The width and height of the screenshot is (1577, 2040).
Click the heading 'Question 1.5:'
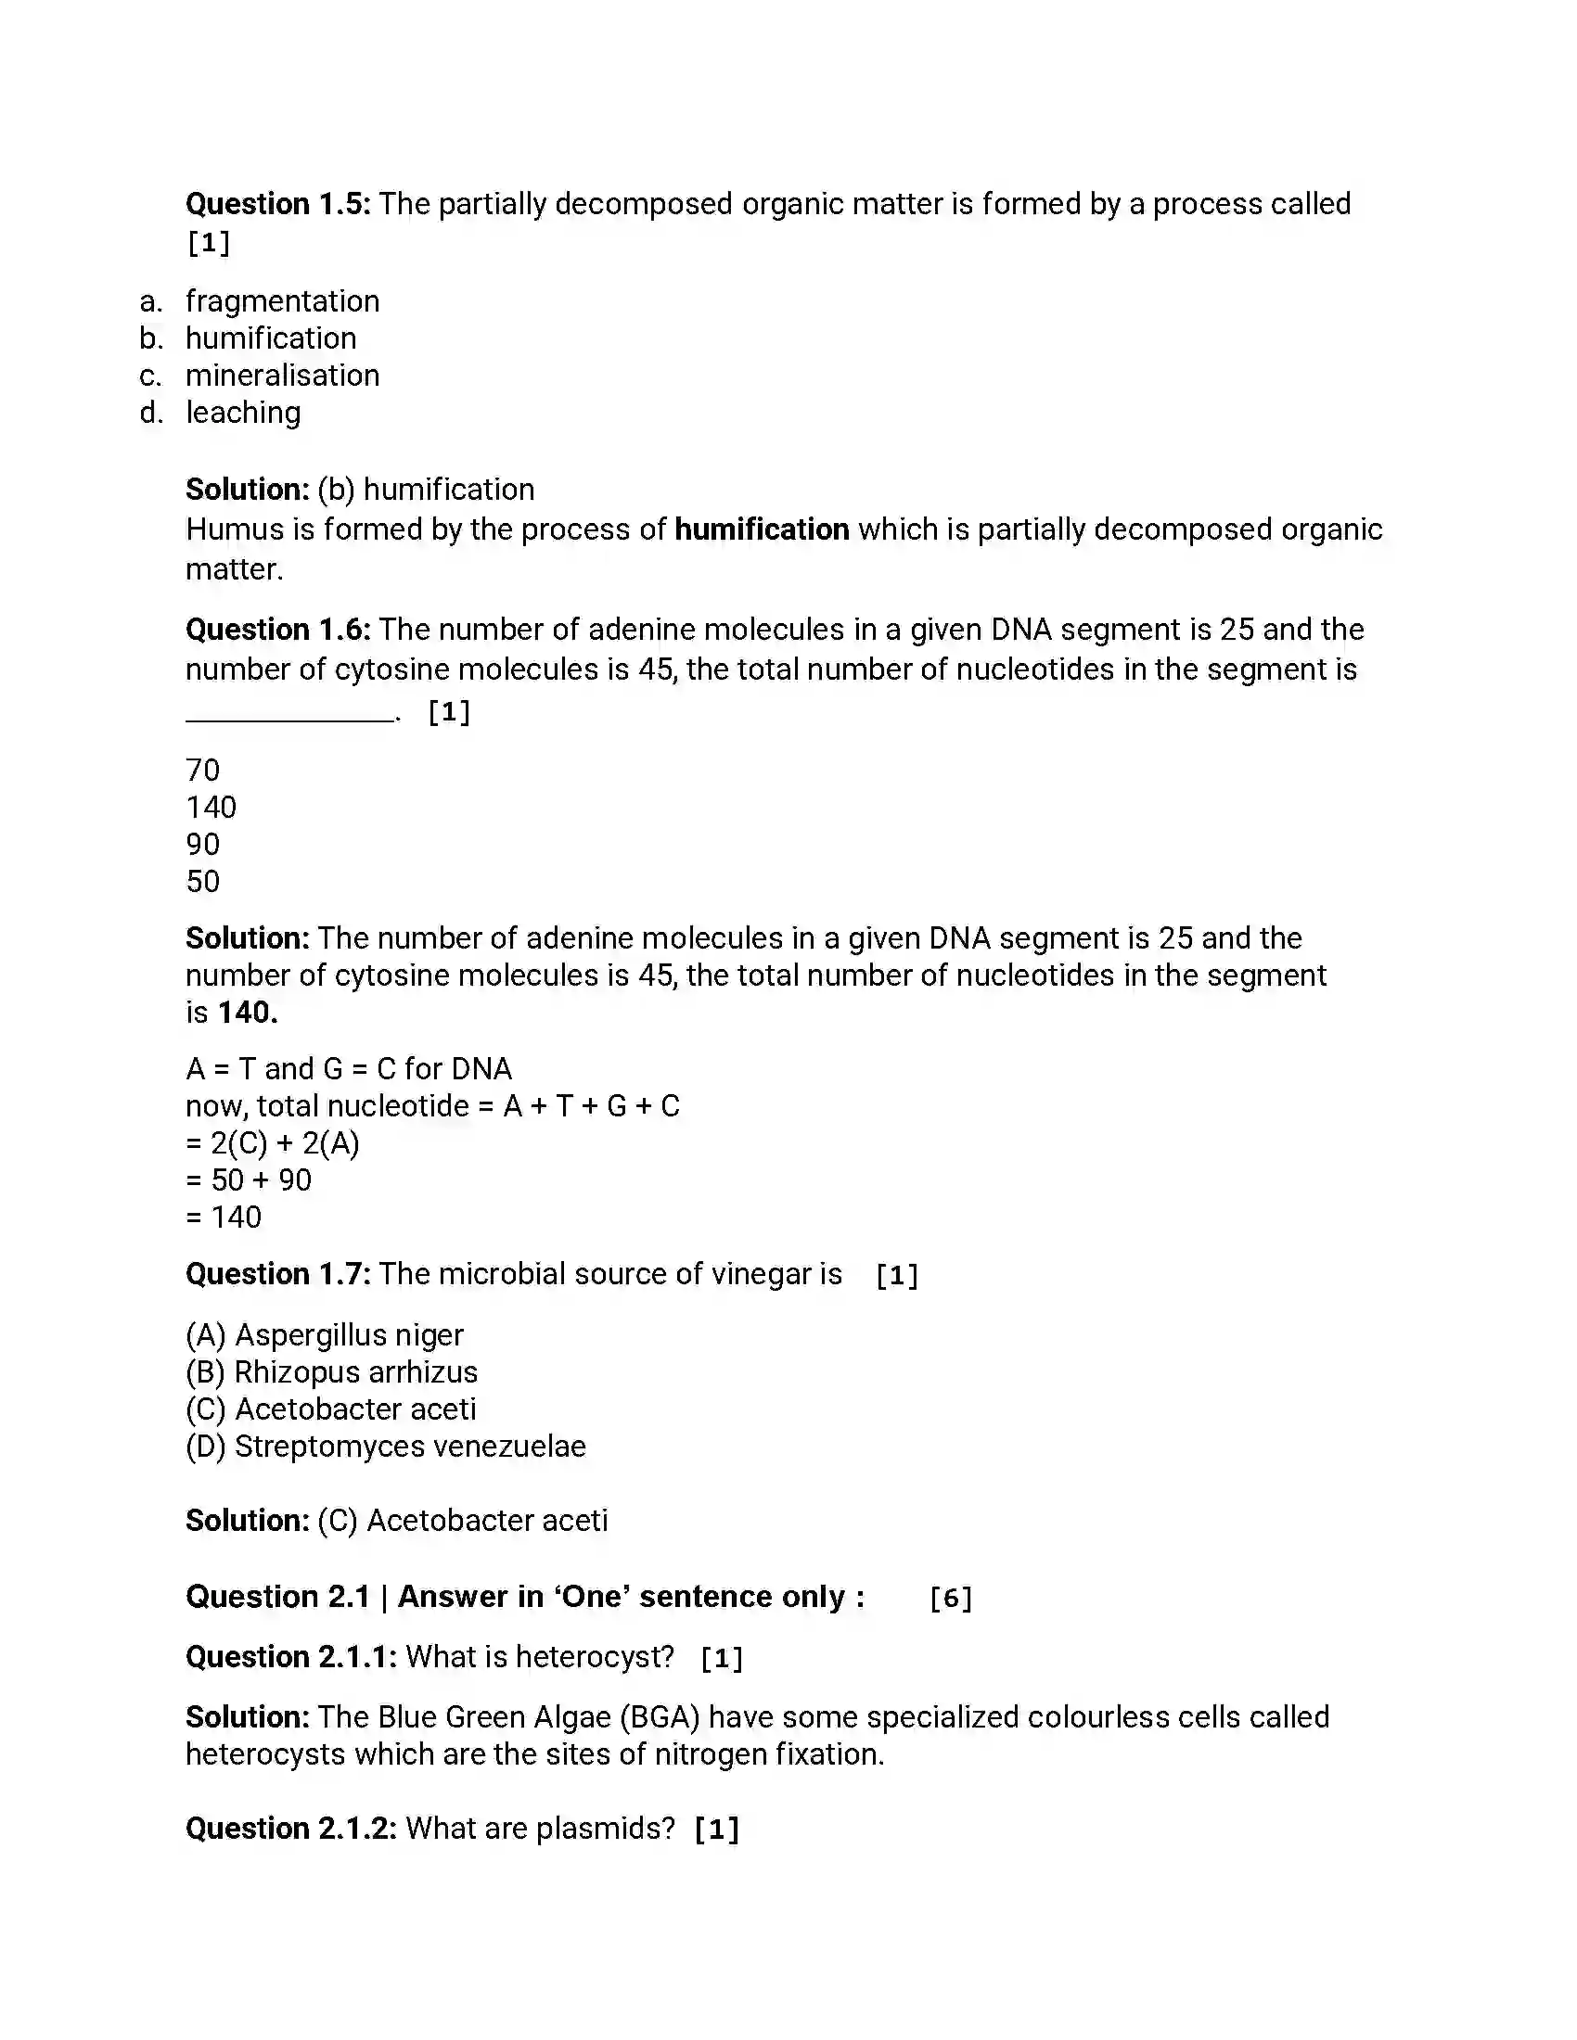point(277,204)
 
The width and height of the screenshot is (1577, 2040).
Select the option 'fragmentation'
point(282,300)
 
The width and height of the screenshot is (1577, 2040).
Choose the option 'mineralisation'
point(282,376)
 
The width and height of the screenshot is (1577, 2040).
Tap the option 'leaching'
point(243,413)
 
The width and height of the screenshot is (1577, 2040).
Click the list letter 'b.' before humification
point(150,338)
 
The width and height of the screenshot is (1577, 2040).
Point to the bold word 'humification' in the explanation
point(762,529)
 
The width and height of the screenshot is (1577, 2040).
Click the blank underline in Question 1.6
point(289,718)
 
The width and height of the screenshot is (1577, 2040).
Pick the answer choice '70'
point(203,771)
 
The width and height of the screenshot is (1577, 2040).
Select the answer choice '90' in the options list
point(203,845)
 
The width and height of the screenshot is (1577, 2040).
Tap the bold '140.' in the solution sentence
point(248,1013)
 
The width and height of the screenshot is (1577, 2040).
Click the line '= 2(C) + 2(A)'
point(272,1143)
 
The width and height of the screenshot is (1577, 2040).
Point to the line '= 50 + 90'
point(249,1180)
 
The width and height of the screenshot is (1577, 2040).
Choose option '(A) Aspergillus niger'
point(324,1335)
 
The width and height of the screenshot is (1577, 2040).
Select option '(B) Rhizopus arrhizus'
point(332,1372)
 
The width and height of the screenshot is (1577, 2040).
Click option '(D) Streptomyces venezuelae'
point(386,1447)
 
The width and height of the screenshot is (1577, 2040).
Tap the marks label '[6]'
point(950,1599)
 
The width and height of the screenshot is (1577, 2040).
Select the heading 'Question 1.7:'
point(277,1274)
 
